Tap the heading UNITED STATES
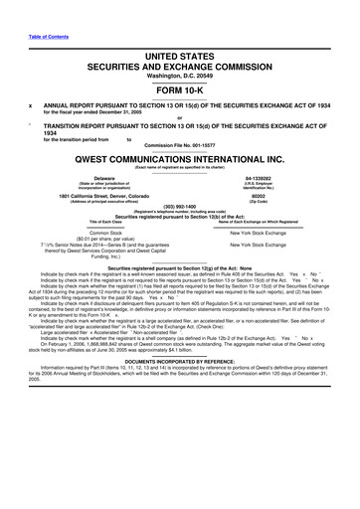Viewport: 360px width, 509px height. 181,34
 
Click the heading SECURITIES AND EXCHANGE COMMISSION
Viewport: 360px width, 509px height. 181,45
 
